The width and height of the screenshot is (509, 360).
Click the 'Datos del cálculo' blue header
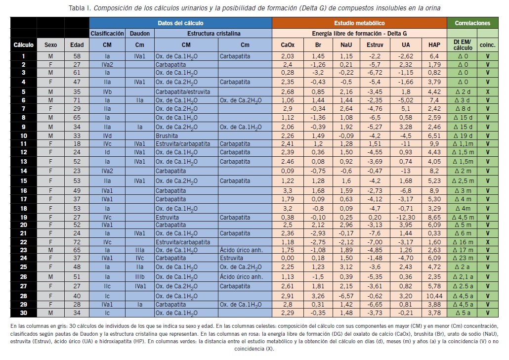pyautogui.click(x=180, y=23)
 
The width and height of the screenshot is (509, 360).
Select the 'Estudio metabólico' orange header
pyautogui.click(x=359, y=23)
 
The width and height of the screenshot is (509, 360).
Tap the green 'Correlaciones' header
pyautogui.click(x=472, y=23)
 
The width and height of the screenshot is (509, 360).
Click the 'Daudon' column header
pyautogui.click(x=139, y=34)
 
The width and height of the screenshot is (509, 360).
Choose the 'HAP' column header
pyautogui.click(x=434, y=45)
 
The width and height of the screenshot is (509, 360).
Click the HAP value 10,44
pyautogui.click(x=434, y=296)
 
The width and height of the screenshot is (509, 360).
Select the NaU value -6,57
pyautogui.click(x=346, y=296)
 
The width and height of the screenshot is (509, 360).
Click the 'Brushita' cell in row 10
pyautogui.click(x=167, y=135)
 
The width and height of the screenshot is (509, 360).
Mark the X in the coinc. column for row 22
pyautogui.click(x=487, y=242)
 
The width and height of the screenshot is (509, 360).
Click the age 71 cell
pyautogui.click(x=77, y=100)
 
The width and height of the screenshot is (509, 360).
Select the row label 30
pyautogui.click(x=23, y=313)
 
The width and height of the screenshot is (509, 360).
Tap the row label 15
pyautogui.click(x=23, y=181)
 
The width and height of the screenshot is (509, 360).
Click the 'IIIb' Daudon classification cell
pyautogui.click(x=139, y=276)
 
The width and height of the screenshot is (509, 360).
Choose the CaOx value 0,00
pyautogui.click(x=287, y=258)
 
